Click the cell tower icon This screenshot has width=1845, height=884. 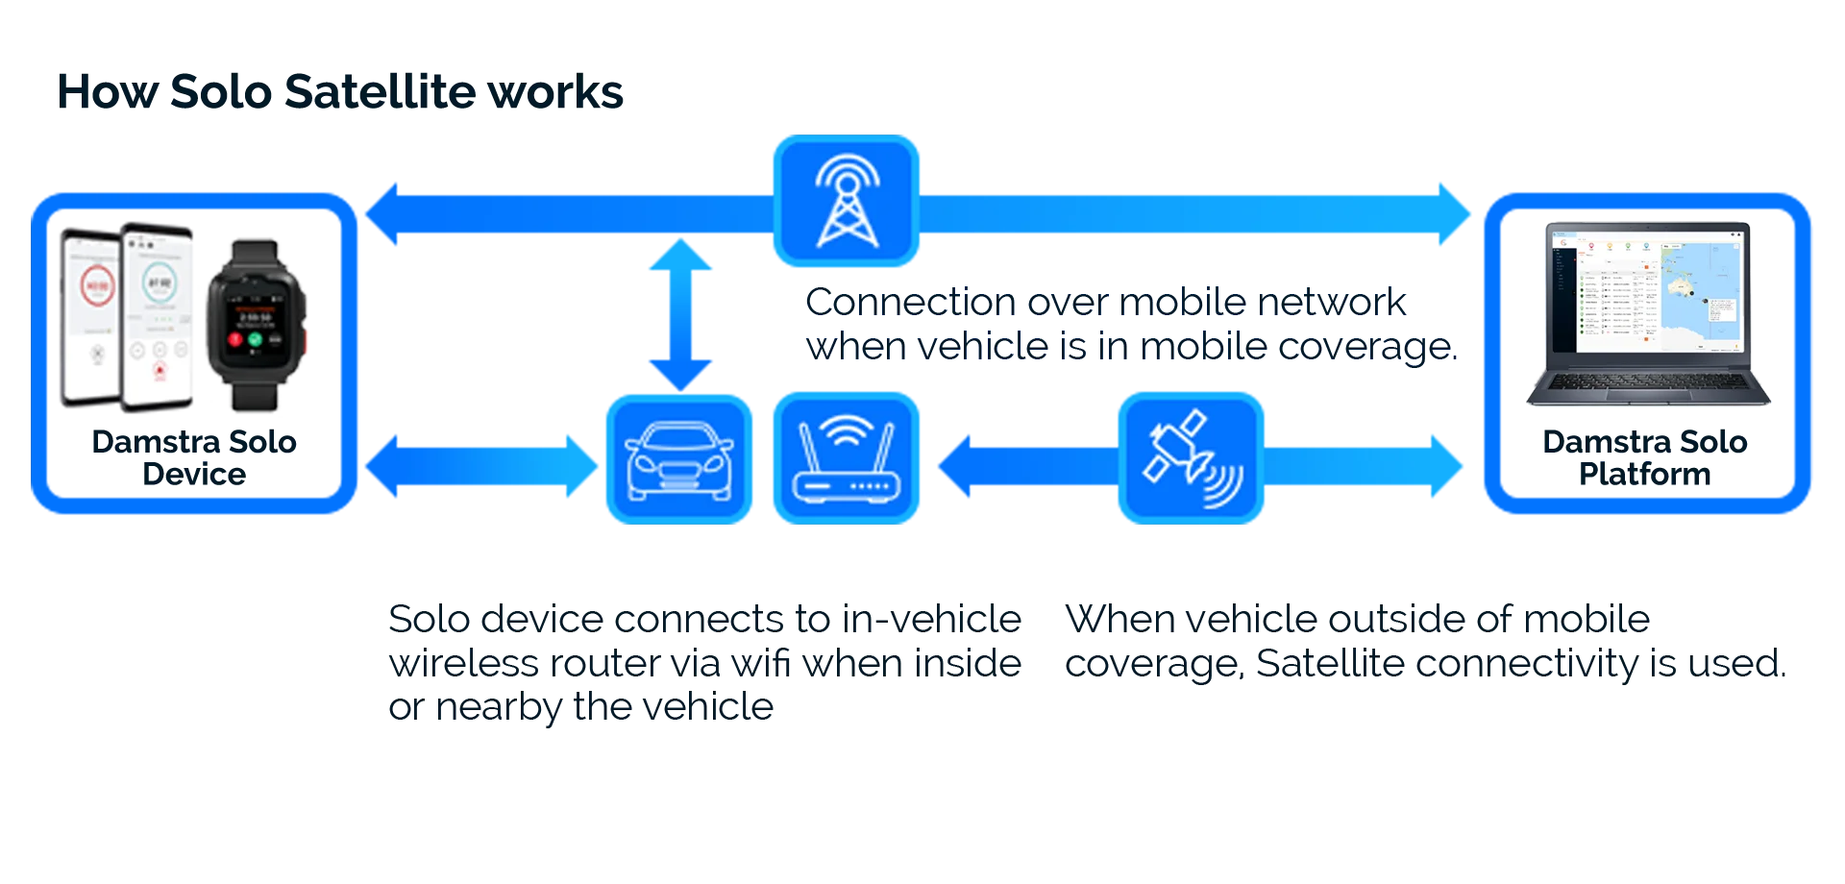click(846, 201)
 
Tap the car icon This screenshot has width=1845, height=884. click(678, 459)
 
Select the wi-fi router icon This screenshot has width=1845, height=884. click(846, 459)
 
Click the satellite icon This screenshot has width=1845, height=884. click(1191, 459)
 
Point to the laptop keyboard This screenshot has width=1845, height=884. click(1647, 382)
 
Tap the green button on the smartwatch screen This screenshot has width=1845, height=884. click(256, 339)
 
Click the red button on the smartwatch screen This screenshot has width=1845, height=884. click(234, 339)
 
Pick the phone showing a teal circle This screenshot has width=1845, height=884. click(159, 312)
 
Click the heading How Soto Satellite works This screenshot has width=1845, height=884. click(340, 93)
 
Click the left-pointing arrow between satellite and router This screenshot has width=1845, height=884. click(1023, 466)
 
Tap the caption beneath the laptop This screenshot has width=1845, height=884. click(1662, 456)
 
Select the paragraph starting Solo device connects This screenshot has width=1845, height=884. click(701, 662)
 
